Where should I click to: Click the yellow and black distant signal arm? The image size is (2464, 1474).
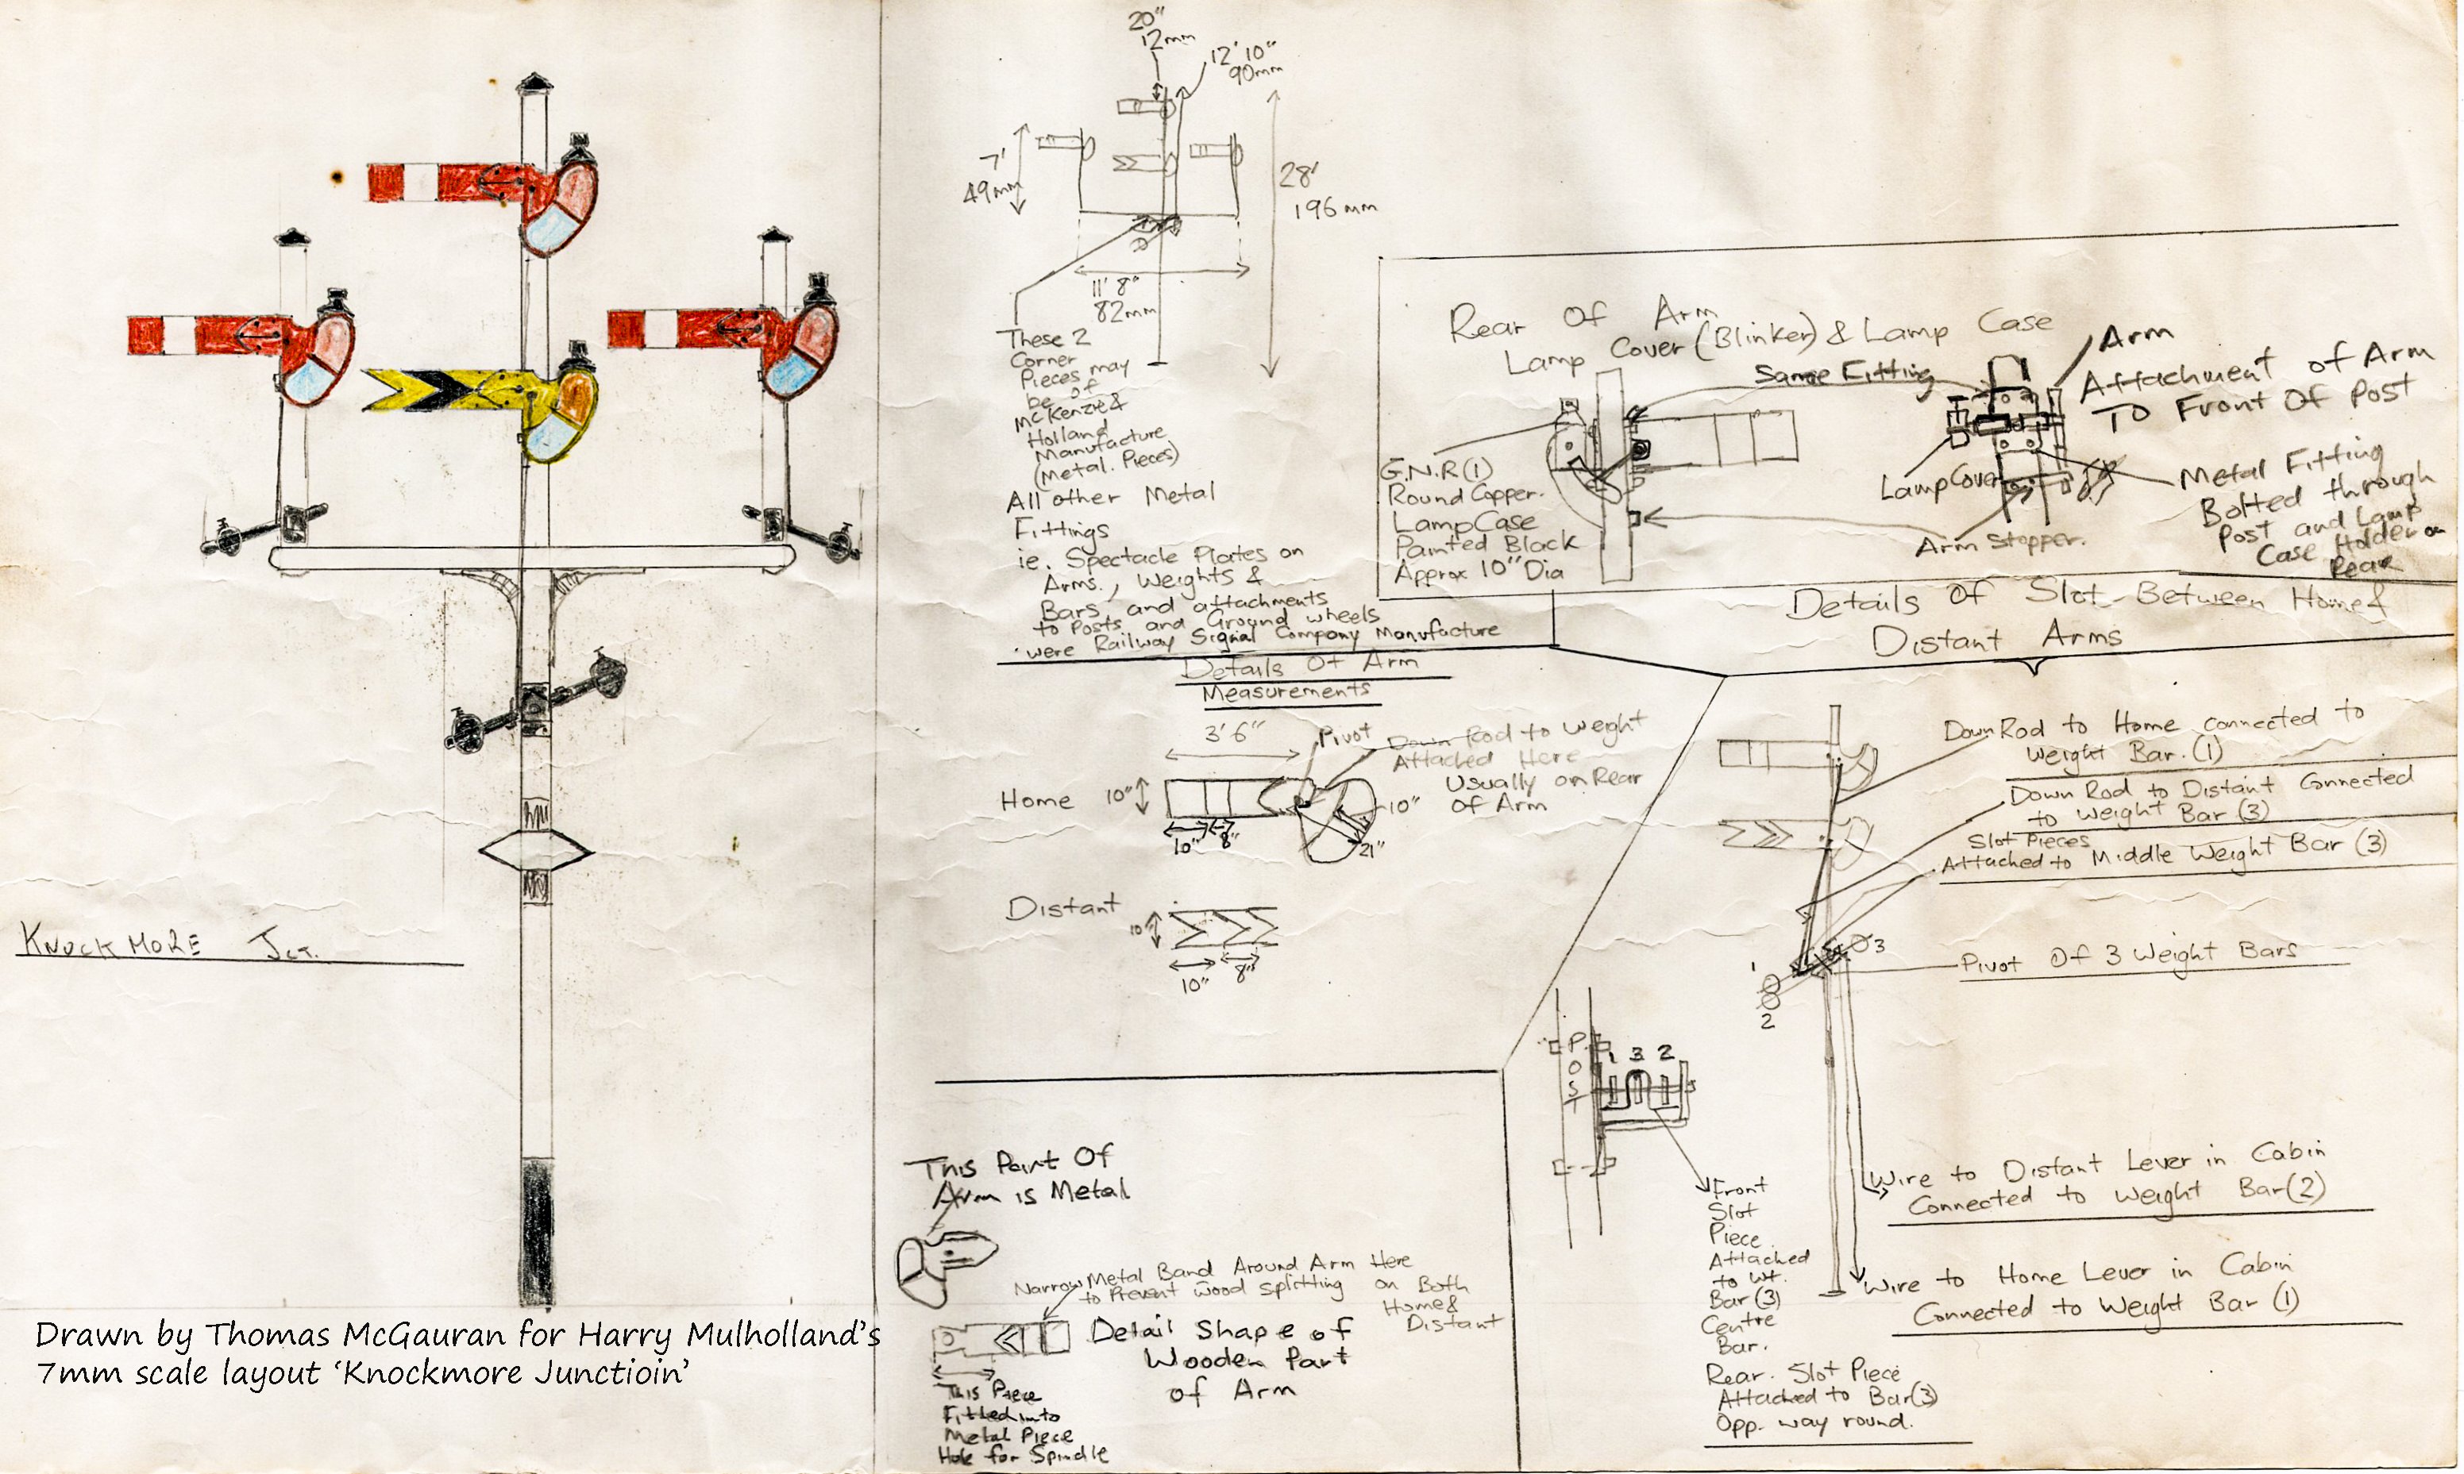pyautogui.click(x=447, y=391)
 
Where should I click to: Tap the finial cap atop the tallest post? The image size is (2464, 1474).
pyautogui.click(x=534, y=83)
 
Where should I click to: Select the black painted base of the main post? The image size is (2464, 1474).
pyautogui.click(x=535, y=1232)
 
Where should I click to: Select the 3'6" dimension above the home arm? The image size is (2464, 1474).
pyautogui.click(x=1234, y=735)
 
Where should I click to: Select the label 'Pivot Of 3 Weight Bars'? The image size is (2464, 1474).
pyautogui.click(x=2127, y=957)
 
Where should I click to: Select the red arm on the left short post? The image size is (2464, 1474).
pyautogui.click(x=209, y=336)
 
